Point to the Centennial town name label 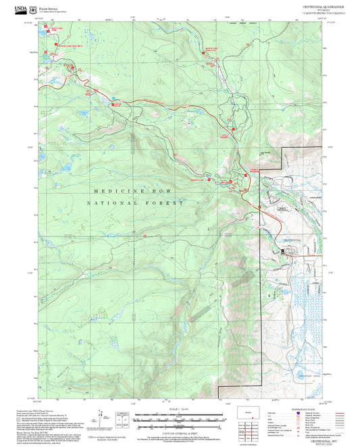pos(290,240)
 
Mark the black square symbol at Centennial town pos(282,251)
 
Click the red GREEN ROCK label pos(118,105)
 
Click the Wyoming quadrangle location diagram pos(248,412)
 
